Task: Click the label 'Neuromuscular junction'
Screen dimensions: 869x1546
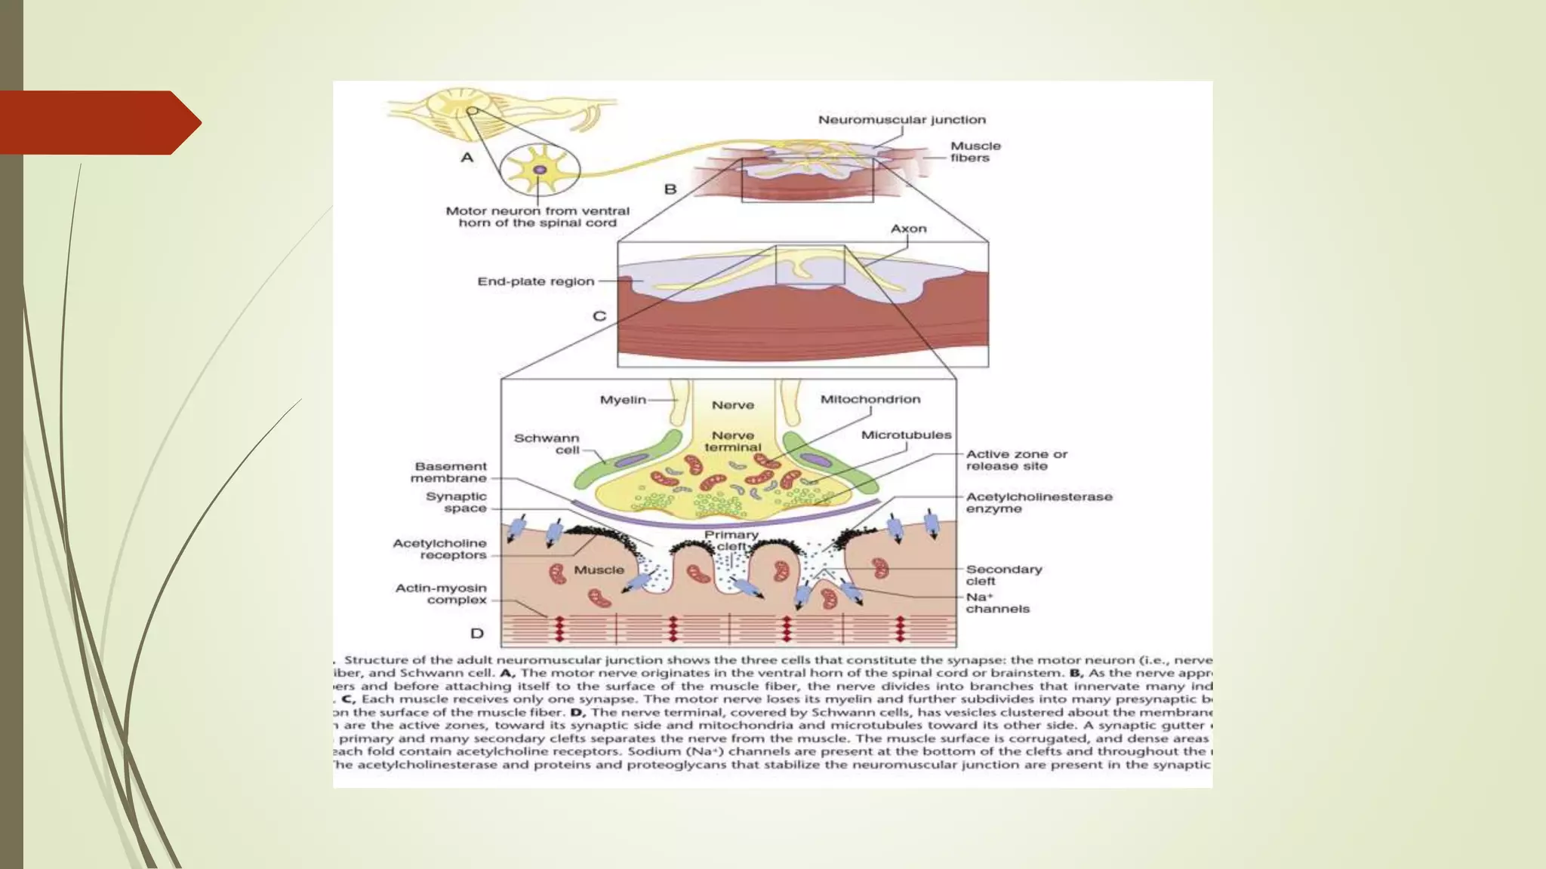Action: pos(901,120)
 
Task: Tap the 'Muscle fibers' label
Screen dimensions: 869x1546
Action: pos(975,152)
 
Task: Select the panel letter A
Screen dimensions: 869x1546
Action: pos(467,158)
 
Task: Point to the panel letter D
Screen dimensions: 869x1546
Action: pos(477,633)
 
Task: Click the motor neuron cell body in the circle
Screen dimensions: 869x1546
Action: pos(540,169)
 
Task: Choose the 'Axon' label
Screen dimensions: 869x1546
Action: pos(908,229)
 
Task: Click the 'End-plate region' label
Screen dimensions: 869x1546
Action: pos(536,281)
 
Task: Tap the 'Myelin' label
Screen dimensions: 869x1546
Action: pos(623,400)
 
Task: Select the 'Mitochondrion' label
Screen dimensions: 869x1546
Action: pos(870,399)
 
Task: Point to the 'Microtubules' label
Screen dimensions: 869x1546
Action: pos(906,435)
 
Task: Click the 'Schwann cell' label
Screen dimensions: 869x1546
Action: pos(547,444)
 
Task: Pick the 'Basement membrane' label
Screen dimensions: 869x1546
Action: pos(449,472)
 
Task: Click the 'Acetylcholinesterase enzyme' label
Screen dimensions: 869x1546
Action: pos(1039,502)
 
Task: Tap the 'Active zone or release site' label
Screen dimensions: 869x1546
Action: pos(1016,460)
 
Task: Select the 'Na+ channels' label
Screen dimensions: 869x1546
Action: pos(996,603)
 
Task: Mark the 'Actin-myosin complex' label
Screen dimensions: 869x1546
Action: pos(442,594)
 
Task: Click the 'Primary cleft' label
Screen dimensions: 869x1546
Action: pos(731,540)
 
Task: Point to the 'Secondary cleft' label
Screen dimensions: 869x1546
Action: pos(1003,575)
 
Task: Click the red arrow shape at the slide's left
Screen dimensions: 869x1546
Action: pos(98,122)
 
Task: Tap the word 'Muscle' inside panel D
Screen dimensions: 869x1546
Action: pos(599,570)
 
